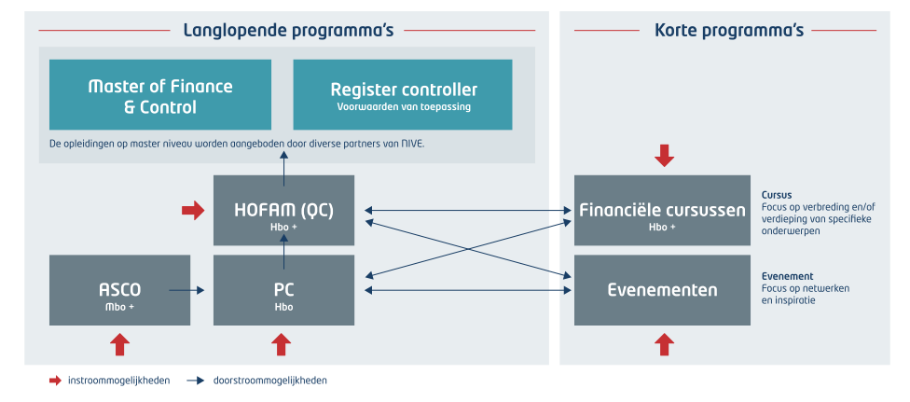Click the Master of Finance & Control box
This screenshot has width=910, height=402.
[x=160, y=94]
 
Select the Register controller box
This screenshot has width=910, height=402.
[x=403, y=94]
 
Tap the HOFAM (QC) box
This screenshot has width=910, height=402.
[x=283, y=210]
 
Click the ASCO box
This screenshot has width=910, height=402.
[x=119, y=290]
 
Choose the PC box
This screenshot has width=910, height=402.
[x=283, y=290]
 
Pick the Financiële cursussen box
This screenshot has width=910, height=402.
[x=662, y=210]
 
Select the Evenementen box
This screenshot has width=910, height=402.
[x=662, y=290]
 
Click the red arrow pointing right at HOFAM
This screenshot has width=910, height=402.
[x=193, y=210]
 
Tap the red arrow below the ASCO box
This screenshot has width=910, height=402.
[x=119, y=344]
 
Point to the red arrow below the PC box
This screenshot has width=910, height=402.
[x=282, y=344]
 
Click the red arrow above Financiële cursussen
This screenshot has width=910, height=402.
[x=665, y=156]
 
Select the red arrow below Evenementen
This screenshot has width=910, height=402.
[x=665, y=344]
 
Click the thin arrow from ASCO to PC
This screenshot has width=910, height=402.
[x=186, y=290]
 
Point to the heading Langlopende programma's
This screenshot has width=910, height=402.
[x=288, y=30]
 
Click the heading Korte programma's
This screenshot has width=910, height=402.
[x=729, y=30]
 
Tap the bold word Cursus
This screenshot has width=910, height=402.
[x=777, y=195]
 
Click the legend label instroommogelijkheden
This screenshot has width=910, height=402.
[x=119, y=381]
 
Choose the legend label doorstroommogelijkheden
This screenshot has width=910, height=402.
[x=269, y=381]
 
